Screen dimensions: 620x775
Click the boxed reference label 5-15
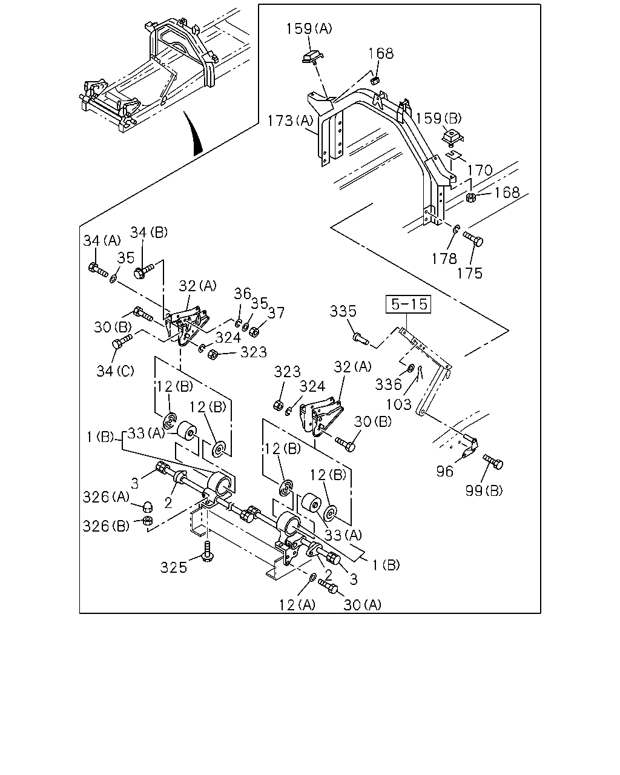click(x=408, y=305)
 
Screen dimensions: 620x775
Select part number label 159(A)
click(x=309, y=28)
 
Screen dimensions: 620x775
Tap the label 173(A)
click(x=291, y=120)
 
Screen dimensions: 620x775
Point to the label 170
click(x=480, y=170)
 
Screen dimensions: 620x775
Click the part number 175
click(x=470, y=273)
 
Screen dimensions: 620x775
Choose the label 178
click(x=444, y=259)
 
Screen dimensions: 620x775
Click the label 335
click(x=343, y=311)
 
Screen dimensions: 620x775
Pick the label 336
click(x=388, y=384)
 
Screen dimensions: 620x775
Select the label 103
click(x=399, y=404)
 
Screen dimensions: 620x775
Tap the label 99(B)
click(x=484, y=490)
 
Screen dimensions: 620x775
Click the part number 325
click(x=174, y=568)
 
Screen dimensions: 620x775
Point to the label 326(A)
click(x=106, y=497)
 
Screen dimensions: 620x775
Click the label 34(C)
click(x=115, y=371)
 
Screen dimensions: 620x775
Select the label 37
click(x=276, y=313)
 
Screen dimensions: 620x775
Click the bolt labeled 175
click(x=473, y=239)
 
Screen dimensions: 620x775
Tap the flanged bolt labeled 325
click(x=207, y=552)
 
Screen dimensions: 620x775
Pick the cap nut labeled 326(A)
click(x=147, y=507)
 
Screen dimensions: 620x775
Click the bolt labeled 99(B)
click(x=493, y=461)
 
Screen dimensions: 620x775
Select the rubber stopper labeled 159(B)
click(x=452, y=137)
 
